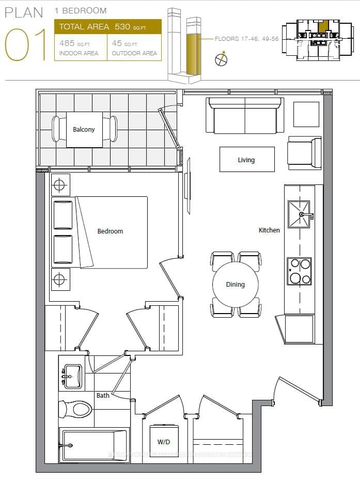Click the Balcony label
pos(84,129)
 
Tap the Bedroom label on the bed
pos(110,231)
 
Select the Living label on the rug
pos(246,160)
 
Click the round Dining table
pos(236,284)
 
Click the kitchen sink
pos(299,214)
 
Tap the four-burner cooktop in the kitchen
pos(300,271)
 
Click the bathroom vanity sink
pos(72,376)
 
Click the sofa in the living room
pos(244,115)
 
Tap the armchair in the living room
pos(305,152)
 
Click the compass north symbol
pos(221,59)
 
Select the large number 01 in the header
pos(26,45)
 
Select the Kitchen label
pos(269,230)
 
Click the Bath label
pos(103,395)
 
